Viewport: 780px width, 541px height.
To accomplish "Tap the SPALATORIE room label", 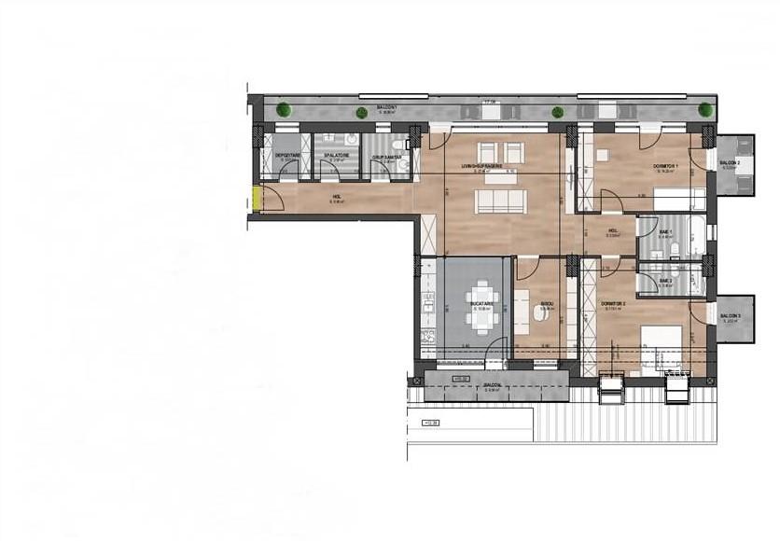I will click(x=337, y=156).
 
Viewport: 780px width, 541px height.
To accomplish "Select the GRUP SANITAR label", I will click(x=387, y=158).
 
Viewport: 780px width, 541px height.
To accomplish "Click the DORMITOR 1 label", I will click(x=665, y=167).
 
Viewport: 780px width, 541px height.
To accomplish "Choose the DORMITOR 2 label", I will click(x=612, y=305).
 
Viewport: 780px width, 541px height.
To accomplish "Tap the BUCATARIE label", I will click(x=481, y=304).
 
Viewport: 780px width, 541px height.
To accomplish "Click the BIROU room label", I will click(x=548, y=305).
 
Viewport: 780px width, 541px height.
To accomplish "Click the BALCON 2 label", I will click(x=730, y=164).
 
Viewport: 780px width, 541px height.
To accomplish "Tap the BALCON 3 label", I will click(x=730, y=316).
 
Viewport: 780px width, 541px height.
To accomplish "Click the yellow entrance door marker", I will click(x=255, y=199).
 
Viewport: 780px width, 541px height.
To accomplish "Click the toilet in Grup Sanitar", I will click(x=399, y=145).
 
